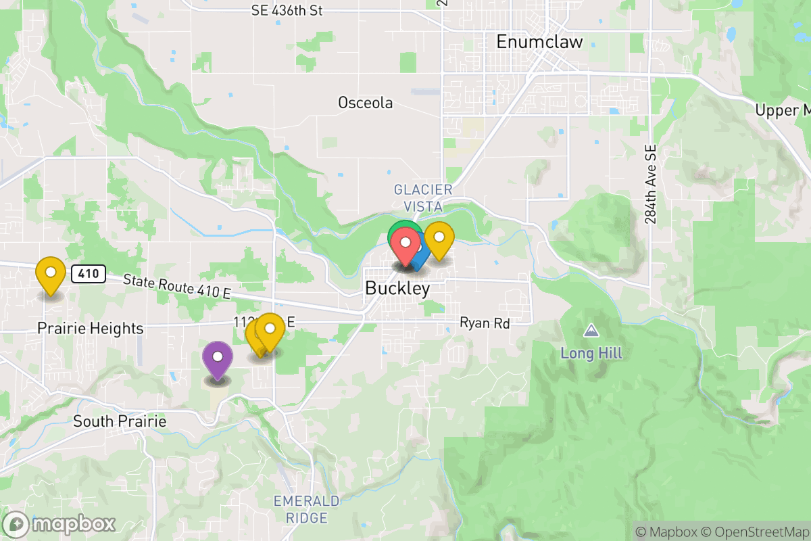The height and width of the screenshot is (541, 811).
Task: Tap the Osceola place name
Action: pos(365,103)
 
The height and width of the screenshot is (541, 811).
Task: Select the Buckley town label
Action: pos(397,288)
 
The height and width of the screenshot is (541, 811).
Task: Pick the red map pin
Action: pos(405,245)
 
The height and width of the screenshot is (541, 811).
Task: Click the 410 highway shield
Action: pos(90,274)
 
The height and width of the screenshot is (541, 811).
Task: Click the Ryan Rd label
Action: pos(484,323)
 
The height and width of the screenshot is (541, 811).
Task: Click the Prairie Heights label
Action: pos(91,329)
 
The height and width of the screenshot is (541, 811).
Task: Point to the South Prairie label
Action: pos(120,421)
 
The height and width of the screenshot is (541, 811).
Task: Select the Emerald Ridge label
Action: pos(306,509)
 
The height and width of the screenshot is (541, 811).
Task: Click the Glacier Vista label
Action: pos(423,197)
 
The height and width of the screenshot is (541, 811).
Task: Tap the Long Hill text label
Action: pos(591,353)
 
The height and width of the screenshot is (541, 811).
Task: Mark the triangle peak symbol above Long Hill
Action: pos(591,331)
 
